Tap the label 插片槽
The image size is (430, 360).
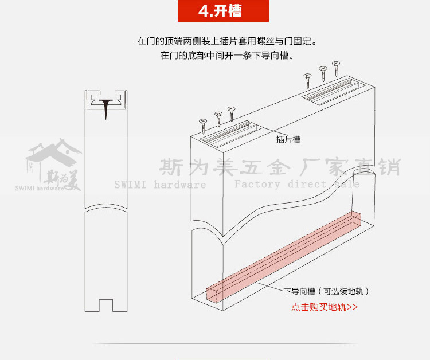coord(288,139)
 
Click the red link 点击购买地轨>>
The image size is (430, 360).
coord(325,307)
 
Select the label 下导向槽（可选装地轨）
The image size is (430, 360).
coord(326,291)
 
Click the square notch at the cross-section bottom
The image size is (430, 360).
coord(106,304)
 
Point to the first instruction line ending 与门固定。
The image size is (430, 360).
coord(226,42)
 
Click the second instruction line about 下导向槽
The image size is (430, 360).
coord(227,56)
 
